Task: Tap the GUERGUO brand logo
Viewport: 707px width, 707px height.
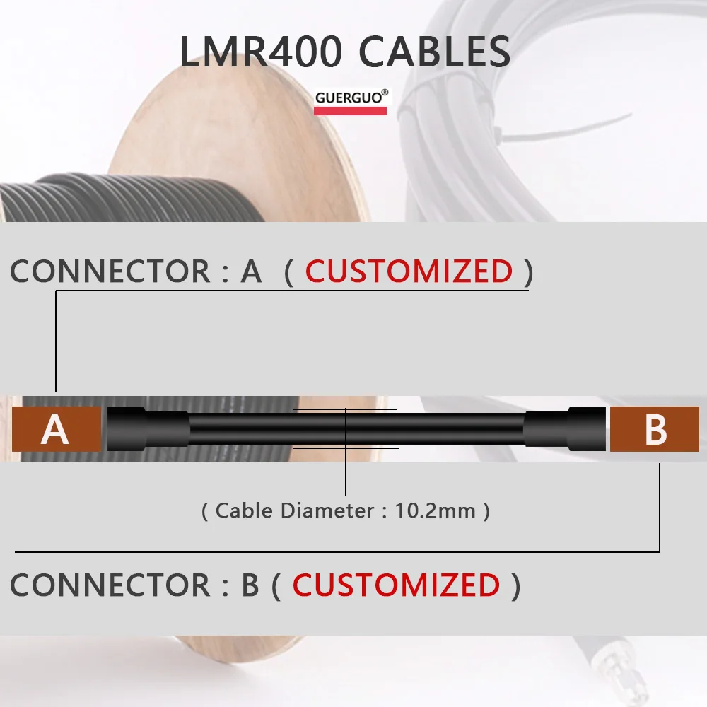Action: click(x=351, y=98)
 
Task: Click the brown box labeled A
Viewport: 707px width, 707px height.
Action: click(x=57, y=429)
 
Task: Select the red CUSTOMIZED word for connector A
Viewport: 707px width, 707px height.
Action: click(x=409, y=271)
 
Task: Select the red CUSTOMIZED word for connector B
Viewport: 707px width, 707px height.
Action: click(x=396, y=585)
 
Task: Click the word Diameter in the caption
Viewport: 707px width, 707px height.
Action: click(x=327, y=510)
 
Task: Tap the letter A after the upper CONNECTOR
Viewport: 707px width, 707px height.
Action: click(x=251, y=271)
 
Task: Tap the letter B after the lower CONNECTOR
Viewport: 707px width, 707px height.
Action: click(x=250, y=585)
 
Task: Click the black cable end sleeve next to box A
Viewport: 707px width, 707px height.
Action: click(x=147, y=429)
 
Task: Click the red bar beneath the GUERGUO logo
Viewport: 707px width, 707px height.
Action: click(x=350, y=111)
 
